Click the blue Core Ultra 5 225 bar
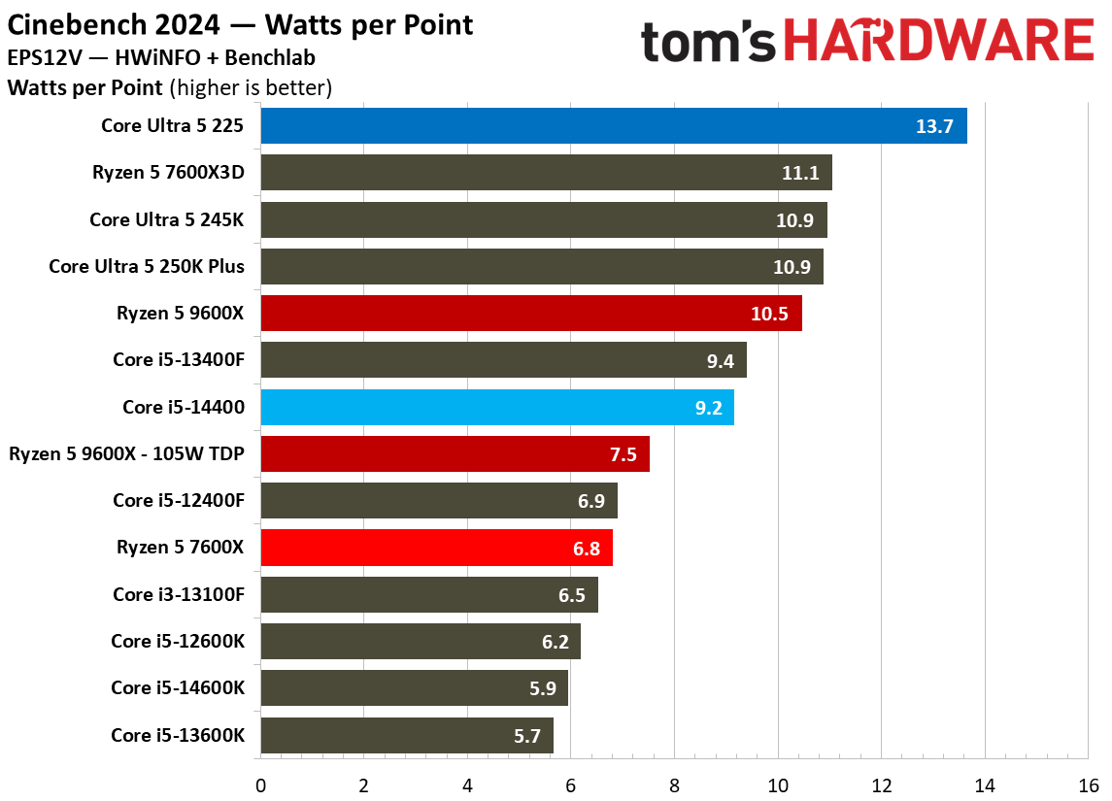click(x=614, y=125)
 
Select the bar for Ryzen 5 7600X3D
click(x=546, y=172)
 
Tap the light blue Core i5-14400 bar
click(x=497, y=407)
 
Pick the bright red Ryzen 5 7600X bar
click(x=436, y=548)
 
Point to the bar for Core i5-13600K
click(x=407, y=735)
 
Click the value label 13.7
click(x=934, y=126)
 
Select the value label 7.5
click(x=623, y=454)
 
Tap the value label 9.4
click(x=720, y=361)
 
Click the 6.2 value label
click(x=556, y=642)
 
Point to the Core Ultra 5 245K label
click(x=167, y=219)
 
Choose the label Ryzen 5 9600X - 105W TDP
click(x=126, y=453)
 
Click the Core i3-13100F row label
click(x=179, y=594)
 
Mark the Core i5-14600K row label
click(x=178, y=687)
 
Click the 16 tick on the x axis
click(x=1089, y=785)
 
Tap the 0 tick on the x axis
click(x=261, y=785)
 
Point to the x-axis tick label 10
click(x=778, y=785)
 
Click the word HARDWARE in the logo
click(x=939, y=41)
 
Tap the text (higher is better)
click(x=251, y=88)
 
